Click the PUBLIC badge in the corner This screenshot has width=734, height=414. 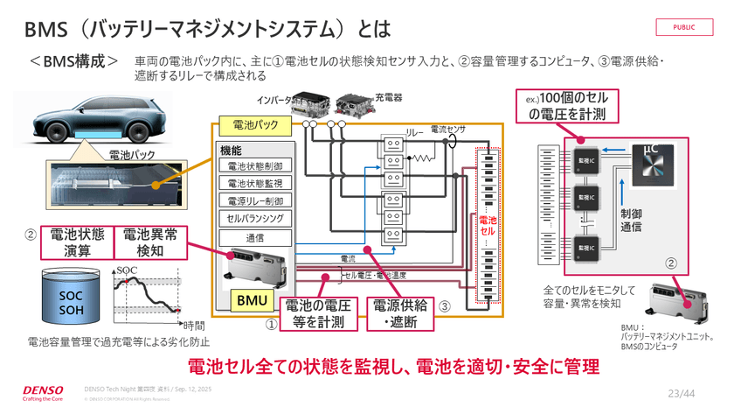click(684, 27)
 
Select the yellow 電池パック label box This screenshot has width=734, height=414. click(249, 126)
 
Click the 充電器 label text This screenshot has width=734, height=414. click(388, 98)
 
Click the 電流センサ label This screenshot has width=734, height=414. click(447, 130)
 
